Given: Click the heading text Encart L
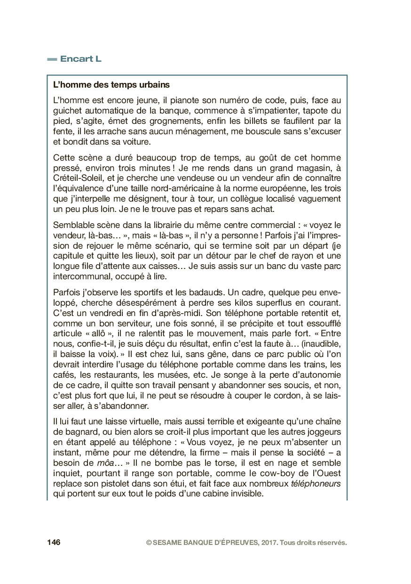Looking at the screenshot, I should tap(80, 59).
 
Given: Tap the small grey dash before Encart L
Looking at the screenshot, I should tap(52, 59).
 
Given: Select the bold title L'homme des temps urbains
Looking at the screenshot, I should tap(111, 85).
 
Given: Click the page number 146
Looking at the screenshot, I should tap(54, 543).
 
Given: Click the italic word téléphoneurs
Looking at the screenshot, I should tap(316, 484).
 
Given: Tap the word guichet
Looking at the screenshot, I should tap(66, 111).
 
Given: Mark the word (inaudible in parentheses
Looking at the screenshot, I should tap(321, 343).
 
